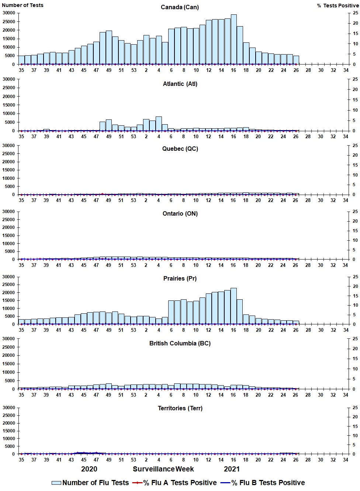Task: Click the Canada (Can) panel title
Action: click(x=180, y=7)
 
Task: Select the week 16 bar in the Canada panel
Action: click(x=233, y=39)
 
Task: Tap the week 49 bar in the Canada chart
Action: click(x=109, y=48)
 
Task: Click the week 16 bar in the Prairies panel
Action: click(x=233, y=306)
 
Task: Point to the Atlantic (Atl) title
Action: click(x=180, y=84)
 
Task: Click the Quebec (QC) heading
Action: click(x=180, y=149)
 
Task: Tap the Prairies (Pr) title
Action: click(x=180, y=279)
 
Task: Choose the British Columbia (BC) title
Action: click(x=180, y=344)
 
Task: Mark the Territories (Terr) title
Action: click(x=180, y=408)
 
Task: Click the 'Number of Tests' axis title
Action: click(x=22, y=5)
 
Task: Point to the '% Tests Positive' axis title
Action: click(x=338, y=6)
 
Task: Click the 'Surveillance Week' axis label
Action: click(x=163, y=469)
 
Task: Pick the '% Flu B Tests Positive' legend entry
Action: click(x=263, y=483)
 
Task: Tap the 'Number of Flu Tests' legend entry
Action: click(x=90, y=483)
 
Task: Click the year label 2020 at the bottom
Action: click(x=89, y=469)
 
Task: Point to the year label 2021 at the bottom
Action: click(x=232, y=469)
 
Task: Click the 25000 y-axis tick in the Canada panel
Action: click(x=8, y=21)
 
